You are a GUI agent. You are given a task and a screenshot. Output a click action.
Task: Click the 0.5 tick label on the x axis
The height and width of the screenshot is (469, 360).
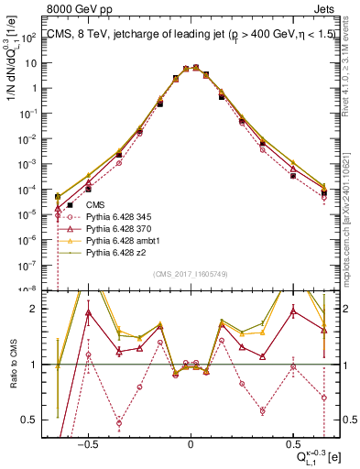tap(292, 444)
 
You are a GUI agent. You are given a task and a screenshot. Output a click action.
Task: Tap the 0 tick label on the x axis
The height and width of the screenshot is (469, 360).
tap(190, 444)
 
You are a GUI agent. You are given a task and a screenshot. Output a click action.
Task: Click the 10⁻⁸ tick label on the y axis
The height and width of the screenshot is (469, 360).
tap(31, 289)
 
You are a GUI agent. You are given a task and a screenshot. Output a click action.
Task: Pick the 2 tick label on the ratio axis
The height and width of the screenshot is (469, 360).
tap(37, 309)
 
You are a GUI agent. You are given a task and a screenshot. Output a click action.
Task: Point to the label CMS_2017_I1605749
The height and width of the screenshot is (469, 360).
tap(190, 275)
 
